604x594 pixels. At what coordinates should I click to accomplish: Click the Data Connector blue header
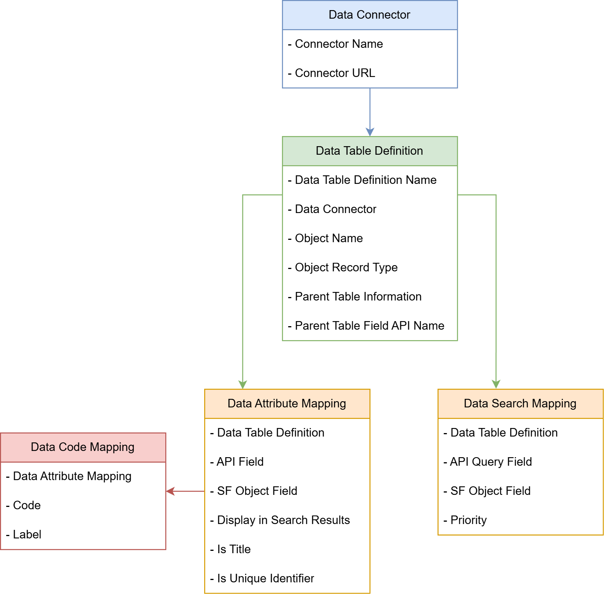pyautogui.click(x=369, y=15)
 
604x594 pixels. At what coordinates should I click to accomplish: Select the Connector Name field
pyautogui.click(x=339, y=44)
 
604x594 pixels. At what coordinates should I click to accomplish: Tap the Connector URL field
pyautogui.click(x=335, y=73)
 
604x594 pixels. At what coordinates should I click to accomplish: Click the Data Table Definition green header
pyautogui.click(x=369, y=151)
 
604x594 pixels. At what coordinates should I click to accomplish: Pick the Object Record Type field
pyautogui.click(x=346, y=267)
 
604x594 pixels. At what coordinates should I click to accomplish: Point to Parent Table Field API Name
pyautogui.click(x=369, y=326)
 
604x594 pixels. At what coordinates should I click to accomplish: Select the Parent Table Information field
pyautogui.click(x=358, y=297)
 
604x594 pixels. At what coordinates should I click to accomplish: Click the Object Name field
pyautogui.click(x=329, y=238)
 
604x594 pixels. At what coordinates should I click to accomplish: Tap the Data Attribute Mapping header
pyautogui.click(x=287, y=404)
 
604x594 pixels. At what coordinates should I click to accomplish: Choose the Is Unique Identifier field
pyautogui.click(x=266, y=578)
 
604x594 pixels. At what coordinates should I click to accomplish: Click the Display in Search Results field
pyautogui.click(x=284, y=520)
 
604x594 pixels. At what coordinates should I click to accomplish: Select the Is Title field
pyautogui.click(x=234, y=549)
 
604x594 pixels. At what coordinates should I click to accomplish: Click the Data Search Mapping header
pyautogui.click(x=520, y=404)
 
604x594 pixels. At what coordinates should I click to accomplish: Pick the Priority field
pyautogui.click(x=468, y=520)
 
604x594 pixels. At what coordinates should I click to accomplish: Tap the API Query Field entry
pyautogui.click(x=491, y=462)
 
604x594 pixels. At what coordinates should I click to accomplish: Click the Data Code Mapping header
pyautogui.click(x=82, y=447)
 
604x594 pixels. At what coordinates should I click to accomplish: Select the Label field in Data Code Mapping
pyautogui.click(x=27, y=535)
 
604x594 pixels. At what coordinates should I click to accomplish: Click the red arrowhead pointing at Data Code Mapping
pyautogui.click(x=170, y=491)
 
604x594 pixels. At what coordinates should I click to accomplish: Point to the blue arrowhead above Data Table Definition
pyautogui.click(x=370, y=132)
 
